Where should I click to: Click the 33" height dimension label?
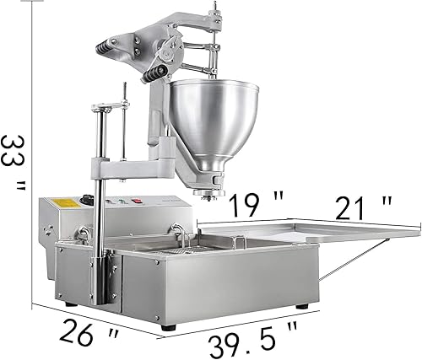pyautogui.click(x=13, y=163)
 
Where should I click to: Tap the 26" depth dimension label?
pyautogui.click(x=89, y=334)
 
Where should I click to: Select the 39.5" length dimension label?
pyautogui.click(x=252, y=341)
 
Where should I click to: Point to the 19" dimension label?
pyautogui.click(x=256, y=204)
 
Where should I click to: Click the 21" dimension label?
pyautogui.click(x=363, y=208)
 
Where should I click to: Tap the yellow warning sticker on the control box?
pyautogui.click(x=65, y=203)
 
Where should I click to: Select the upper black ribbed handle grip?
pyautogui.click(x=105, y=48)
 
